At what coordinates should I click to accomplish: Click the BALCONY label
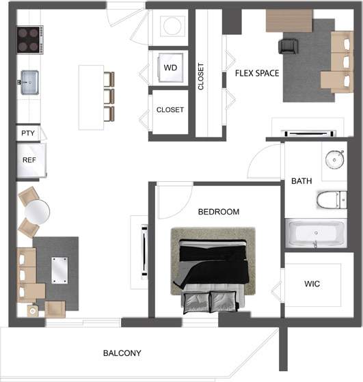122,353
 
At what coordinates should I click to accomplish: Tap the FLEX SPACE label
256,73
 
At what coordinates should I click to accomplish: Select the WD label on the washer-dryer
170,67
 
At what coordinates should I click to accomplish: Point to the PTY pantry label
28,133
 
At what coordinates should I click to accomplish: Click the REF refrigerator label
29,160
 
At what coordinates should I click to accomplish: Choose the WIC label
312,284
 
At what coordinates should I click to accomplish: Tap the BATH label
301,181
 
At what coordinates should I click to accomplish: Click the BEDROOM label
219,212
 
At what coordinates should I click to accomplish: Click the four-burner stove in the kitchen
30,40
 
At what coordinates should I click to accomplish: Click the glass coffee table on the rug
59,269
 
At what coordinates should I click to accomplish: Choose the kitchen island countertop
91,96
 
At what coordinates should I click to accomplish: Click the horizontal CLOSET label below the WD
170,109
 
